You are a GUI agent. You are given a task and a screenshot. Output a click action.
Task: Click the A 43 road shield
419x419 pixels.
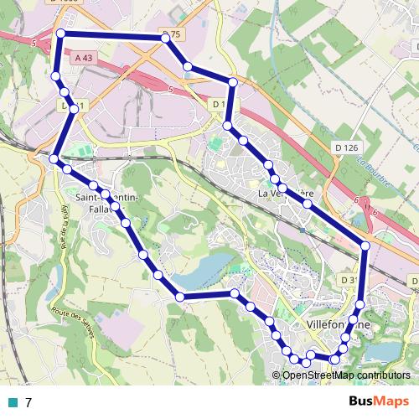(x=83, y=58)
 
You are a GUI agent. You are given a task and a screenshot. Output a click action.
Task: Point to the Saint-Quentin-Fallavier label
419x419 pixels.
(x=106, y=202)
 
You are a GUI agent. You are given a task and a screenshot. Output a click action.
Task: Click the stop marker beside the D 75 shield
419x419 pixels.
(x=166, y=39)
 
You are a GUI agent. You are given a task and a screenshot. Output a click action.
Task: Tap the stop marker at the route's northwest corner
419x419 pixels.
(x=60, y=34)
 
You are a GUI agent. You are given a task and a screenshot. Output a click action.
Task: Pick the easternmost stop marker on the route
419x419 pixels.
(x=365, y=245)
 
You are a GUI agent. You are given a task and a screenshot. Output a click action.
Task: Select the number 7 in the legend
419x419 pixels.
(x=28, y=402)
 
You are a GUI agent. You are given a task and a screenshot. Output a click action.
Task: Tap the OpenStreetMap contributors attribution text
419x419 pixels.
(x=345, y=375)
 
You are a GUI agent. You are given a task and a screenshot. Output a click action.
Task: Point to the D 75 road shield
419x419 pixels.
(x=171, y=34)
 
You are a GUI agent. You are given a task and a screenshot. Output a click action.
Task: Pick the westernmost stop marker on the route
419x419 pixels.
(x=54, y=159)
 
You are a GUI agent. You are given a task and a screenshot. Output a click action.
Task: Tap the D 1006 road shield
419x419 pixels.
(x=65, y=3)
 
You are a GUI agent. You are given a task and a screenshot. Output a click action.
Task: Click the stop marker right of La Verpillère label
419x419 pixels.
(x=308, y=204)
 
